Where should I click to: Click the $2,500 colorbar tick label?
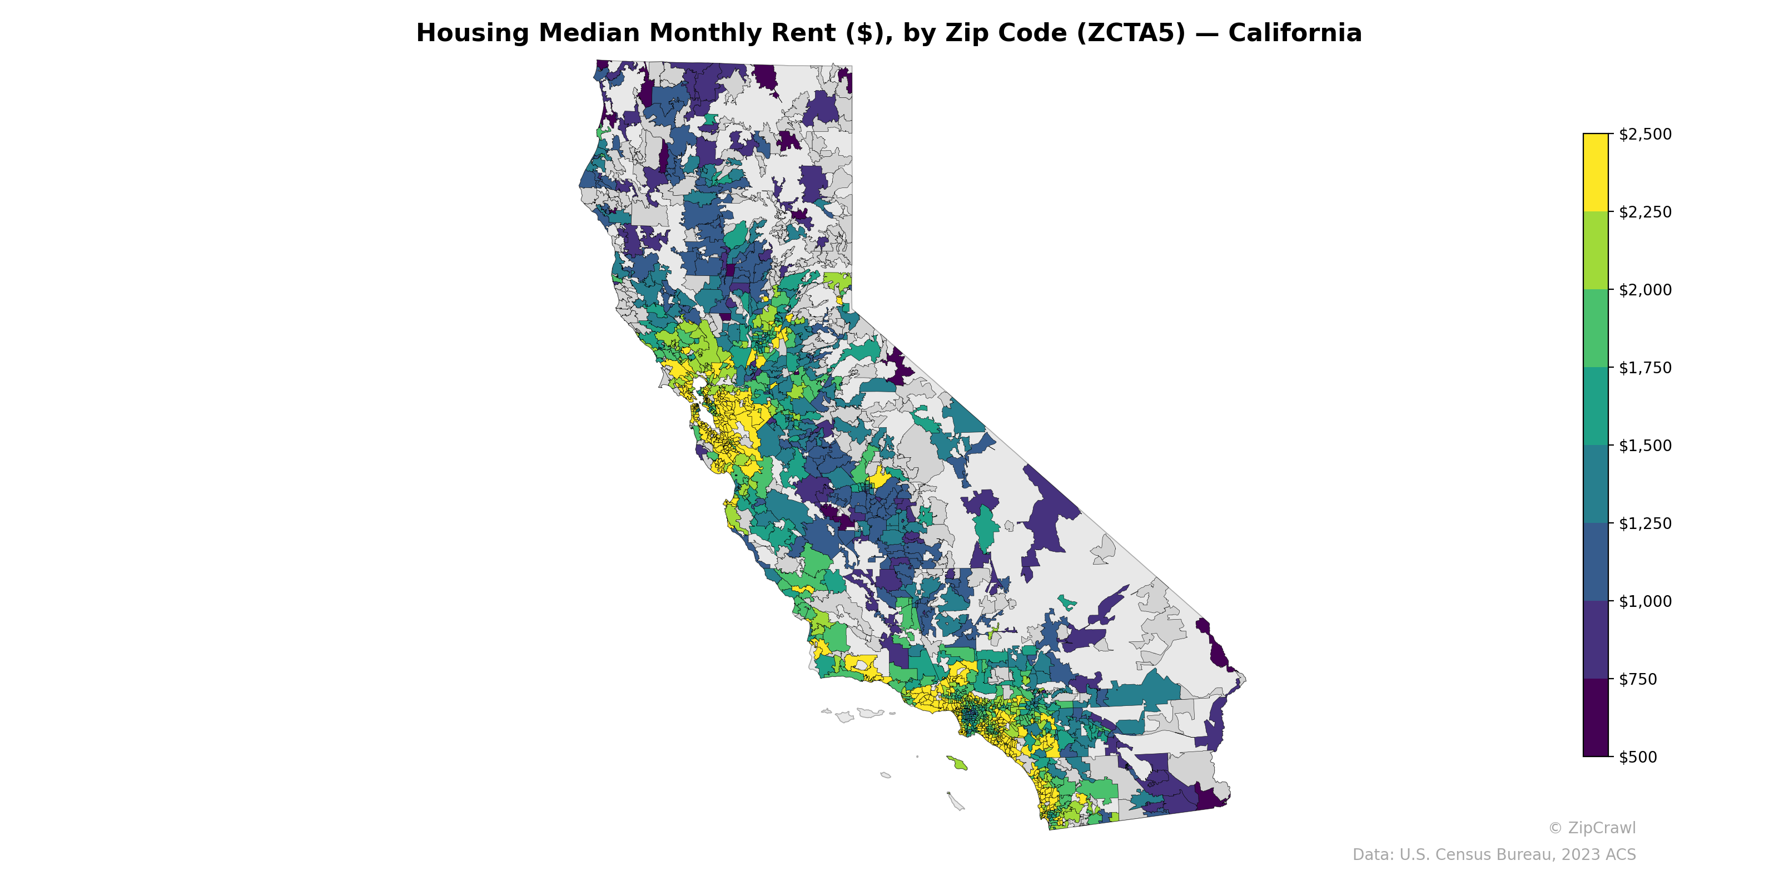(x=1644, y=134)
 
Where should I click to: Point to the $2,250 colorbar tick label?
(x=1644, y=212)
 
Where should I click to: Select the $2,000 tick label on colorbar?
(x=1644, y=290)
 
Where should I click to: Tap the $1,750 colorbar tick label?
(x=1644, y=368)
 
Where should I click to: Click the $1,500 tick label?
(x=1644, y=446)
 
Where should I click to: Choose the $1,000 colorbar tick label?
(x=1644, y=601)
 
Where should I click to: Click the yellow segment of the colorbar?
(x=1596, y=173)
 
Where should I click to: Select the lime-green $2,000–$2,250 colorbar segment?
(x=1596, y=251)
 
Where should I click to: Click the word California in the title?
(x=1294, y=33)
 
